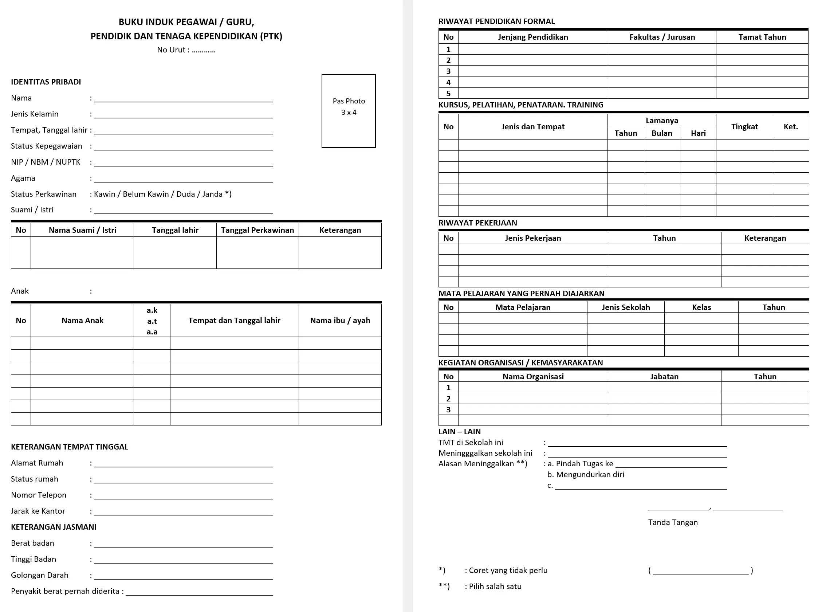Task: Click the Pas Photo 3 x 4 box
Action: tap(348, 111)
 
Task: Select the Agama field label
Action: tap(23, 178)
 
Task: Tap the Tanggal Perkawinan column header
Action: tap(257, 230)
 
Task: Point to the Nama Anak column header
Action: tap(82, 321)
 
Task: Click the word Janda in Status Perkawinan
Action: tap(212, 194)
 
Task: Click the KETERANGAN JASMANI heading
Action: tap(54, 527)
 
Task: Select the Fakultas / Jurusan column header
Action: tap(662, 37)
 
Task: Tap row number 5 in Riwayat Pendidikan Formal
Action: tap(448, 93)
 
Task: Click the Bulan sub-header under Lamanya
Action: tap(661, 133)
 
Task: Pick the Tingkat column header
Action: tap(744, 127)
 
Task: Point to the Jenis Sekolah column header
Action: tap(625, 307)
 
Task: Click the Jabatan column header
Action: tap(664, 376)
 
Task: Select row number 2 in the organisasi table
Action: tap(448, 399)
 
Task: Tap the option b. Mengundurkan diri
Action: tap(586, 475)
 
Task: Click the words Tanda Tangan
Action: tap(673, 522)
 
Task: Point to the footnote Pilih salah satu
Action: tap(495, 586)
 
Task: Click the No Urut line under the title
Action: tap(186, 50)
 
